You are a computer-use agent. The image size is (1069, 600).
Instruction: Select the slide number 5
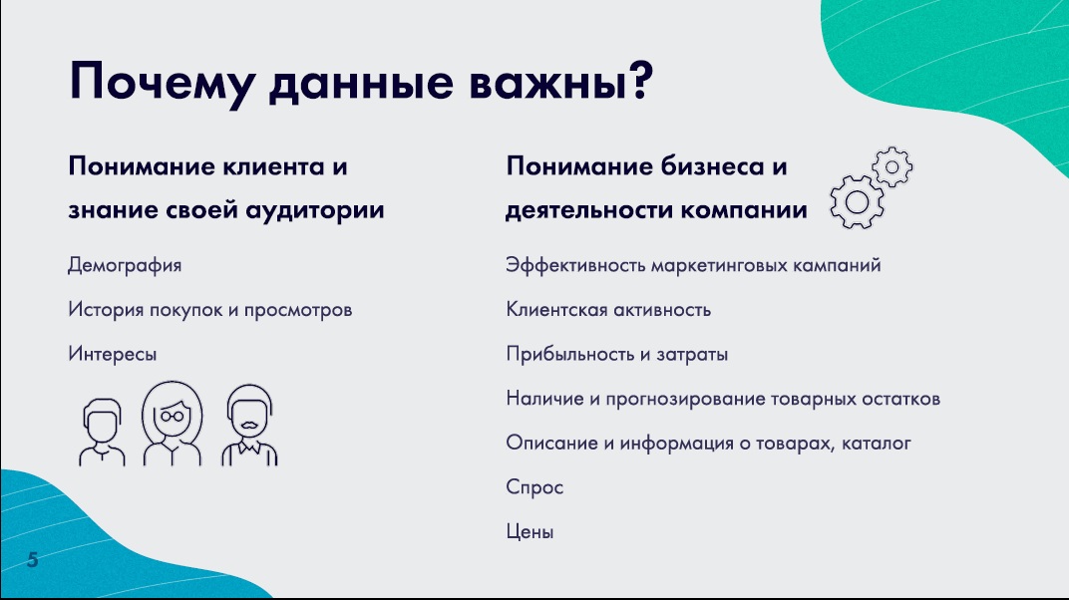pos(32,560)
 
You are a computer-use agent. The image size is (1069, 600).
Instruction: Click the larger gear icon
pos(857,202)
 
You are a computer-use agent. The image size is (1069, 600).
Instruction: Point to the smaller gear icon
pos(892,166)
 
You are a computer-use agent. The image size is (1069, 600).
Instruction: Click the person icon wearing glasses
pos(172,423)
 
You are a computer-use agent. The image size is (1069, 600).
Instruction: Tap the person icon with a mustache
pos(249,425)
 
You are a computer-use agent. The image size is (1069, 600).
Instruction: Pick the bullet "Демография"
pos(125,265)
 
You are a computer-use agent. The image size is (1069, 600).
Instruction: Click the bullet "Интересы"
pos(113,354)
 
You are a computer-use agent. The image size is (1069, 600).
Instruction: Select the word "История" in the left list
pos(106,310)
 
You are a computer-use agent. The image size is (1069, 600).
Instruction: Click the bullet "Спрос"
pos(534,487)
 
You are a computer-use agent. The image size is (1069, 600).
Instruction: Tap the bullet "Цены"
pos(530,532)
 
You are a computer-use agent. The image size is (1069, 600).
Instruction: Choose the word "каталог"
pos(877,444)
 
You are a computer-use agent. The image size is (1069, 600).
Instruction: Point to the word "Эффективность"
pos(575,265)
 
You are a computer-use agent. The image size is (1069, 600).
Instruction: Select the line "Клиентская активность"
pos(608,310)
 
